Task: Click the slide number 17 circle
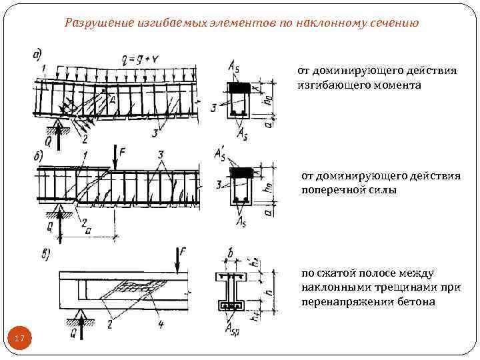pos(19,339)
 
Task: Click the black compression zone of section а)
pos(239,87)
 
